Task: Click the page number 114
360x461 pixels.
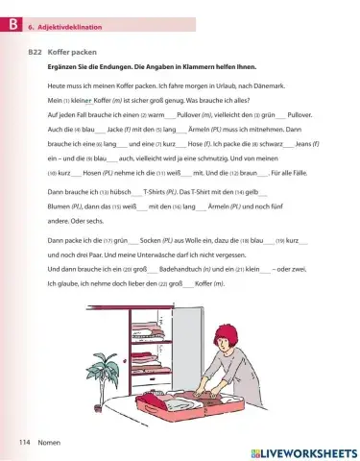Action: click(23, 442)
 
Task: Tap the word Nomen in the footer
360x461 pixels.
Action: click(51, 442)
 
